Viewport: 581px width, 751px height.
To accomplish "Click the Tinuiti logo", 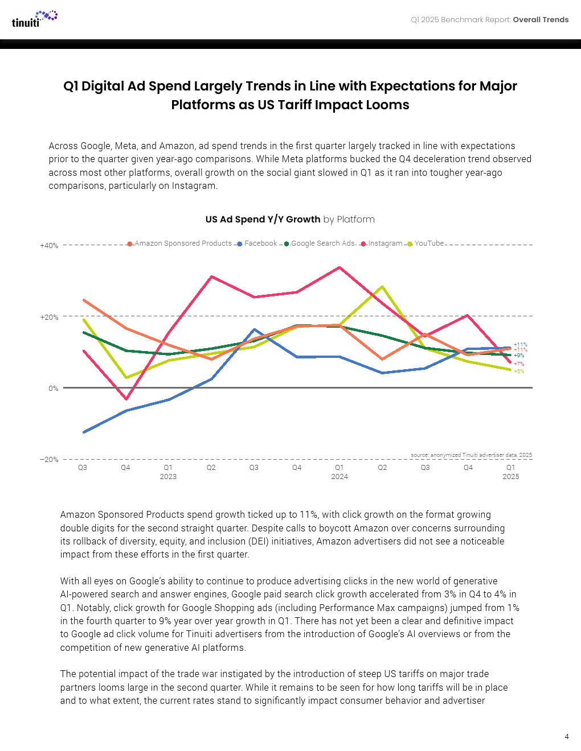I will click(34, 19).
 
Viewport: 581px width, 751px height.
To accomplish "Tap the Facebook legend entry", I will click(257, 244).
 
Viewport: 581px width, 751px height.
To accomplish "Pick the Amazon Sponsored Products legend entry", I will click(179, 244).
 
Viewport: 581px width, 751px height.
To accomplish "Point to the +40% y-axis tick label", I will click(49, 246).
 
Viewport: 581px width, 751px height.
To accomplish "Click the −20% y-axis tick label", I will click(49, 460).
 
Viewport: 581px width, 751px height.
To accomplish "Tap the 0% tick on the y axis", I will click(53, 389).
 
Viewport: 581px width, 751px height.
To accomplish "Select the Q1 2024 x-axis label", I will click(339, 472).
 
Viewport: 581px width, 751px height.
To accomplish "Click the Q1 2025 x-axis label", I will click(511, 472).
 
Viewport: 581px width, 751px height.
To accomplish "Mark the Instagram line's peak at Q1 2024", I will click(339, 267).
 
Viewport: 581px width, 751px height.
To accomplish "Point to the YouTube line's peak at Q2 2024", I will click(382, 286).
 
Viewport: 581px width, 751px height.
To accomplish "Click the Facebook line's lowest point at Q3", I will click(84, 432).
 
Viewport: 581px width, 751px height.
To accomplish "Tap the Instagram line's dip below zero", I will click(126, 399).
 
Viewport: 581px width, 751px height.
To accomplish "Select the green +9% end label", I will click(519, 356).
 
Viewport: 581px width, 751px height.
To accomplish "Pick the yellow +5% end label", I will click(519, 372).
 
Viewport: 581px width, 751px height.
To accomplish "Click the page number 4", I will click(566, 737).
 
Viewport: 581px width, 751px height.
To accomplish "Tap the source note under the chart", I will click(471, 455).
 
